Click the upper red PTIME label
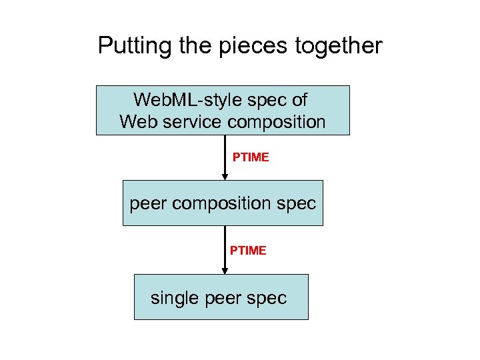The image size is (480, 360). (251, 157)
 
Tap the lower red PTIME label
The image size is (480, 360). (248, 251)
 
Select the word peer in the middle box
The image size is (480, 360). (148, 203)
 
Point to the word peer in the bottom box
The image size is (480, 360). (223, 298)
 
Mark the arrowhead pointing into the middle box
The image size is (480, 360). (225, 175)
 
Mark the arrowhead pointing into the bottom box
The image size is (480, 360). (225, 269)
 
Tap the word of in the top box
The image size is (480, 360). (299, 100)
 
